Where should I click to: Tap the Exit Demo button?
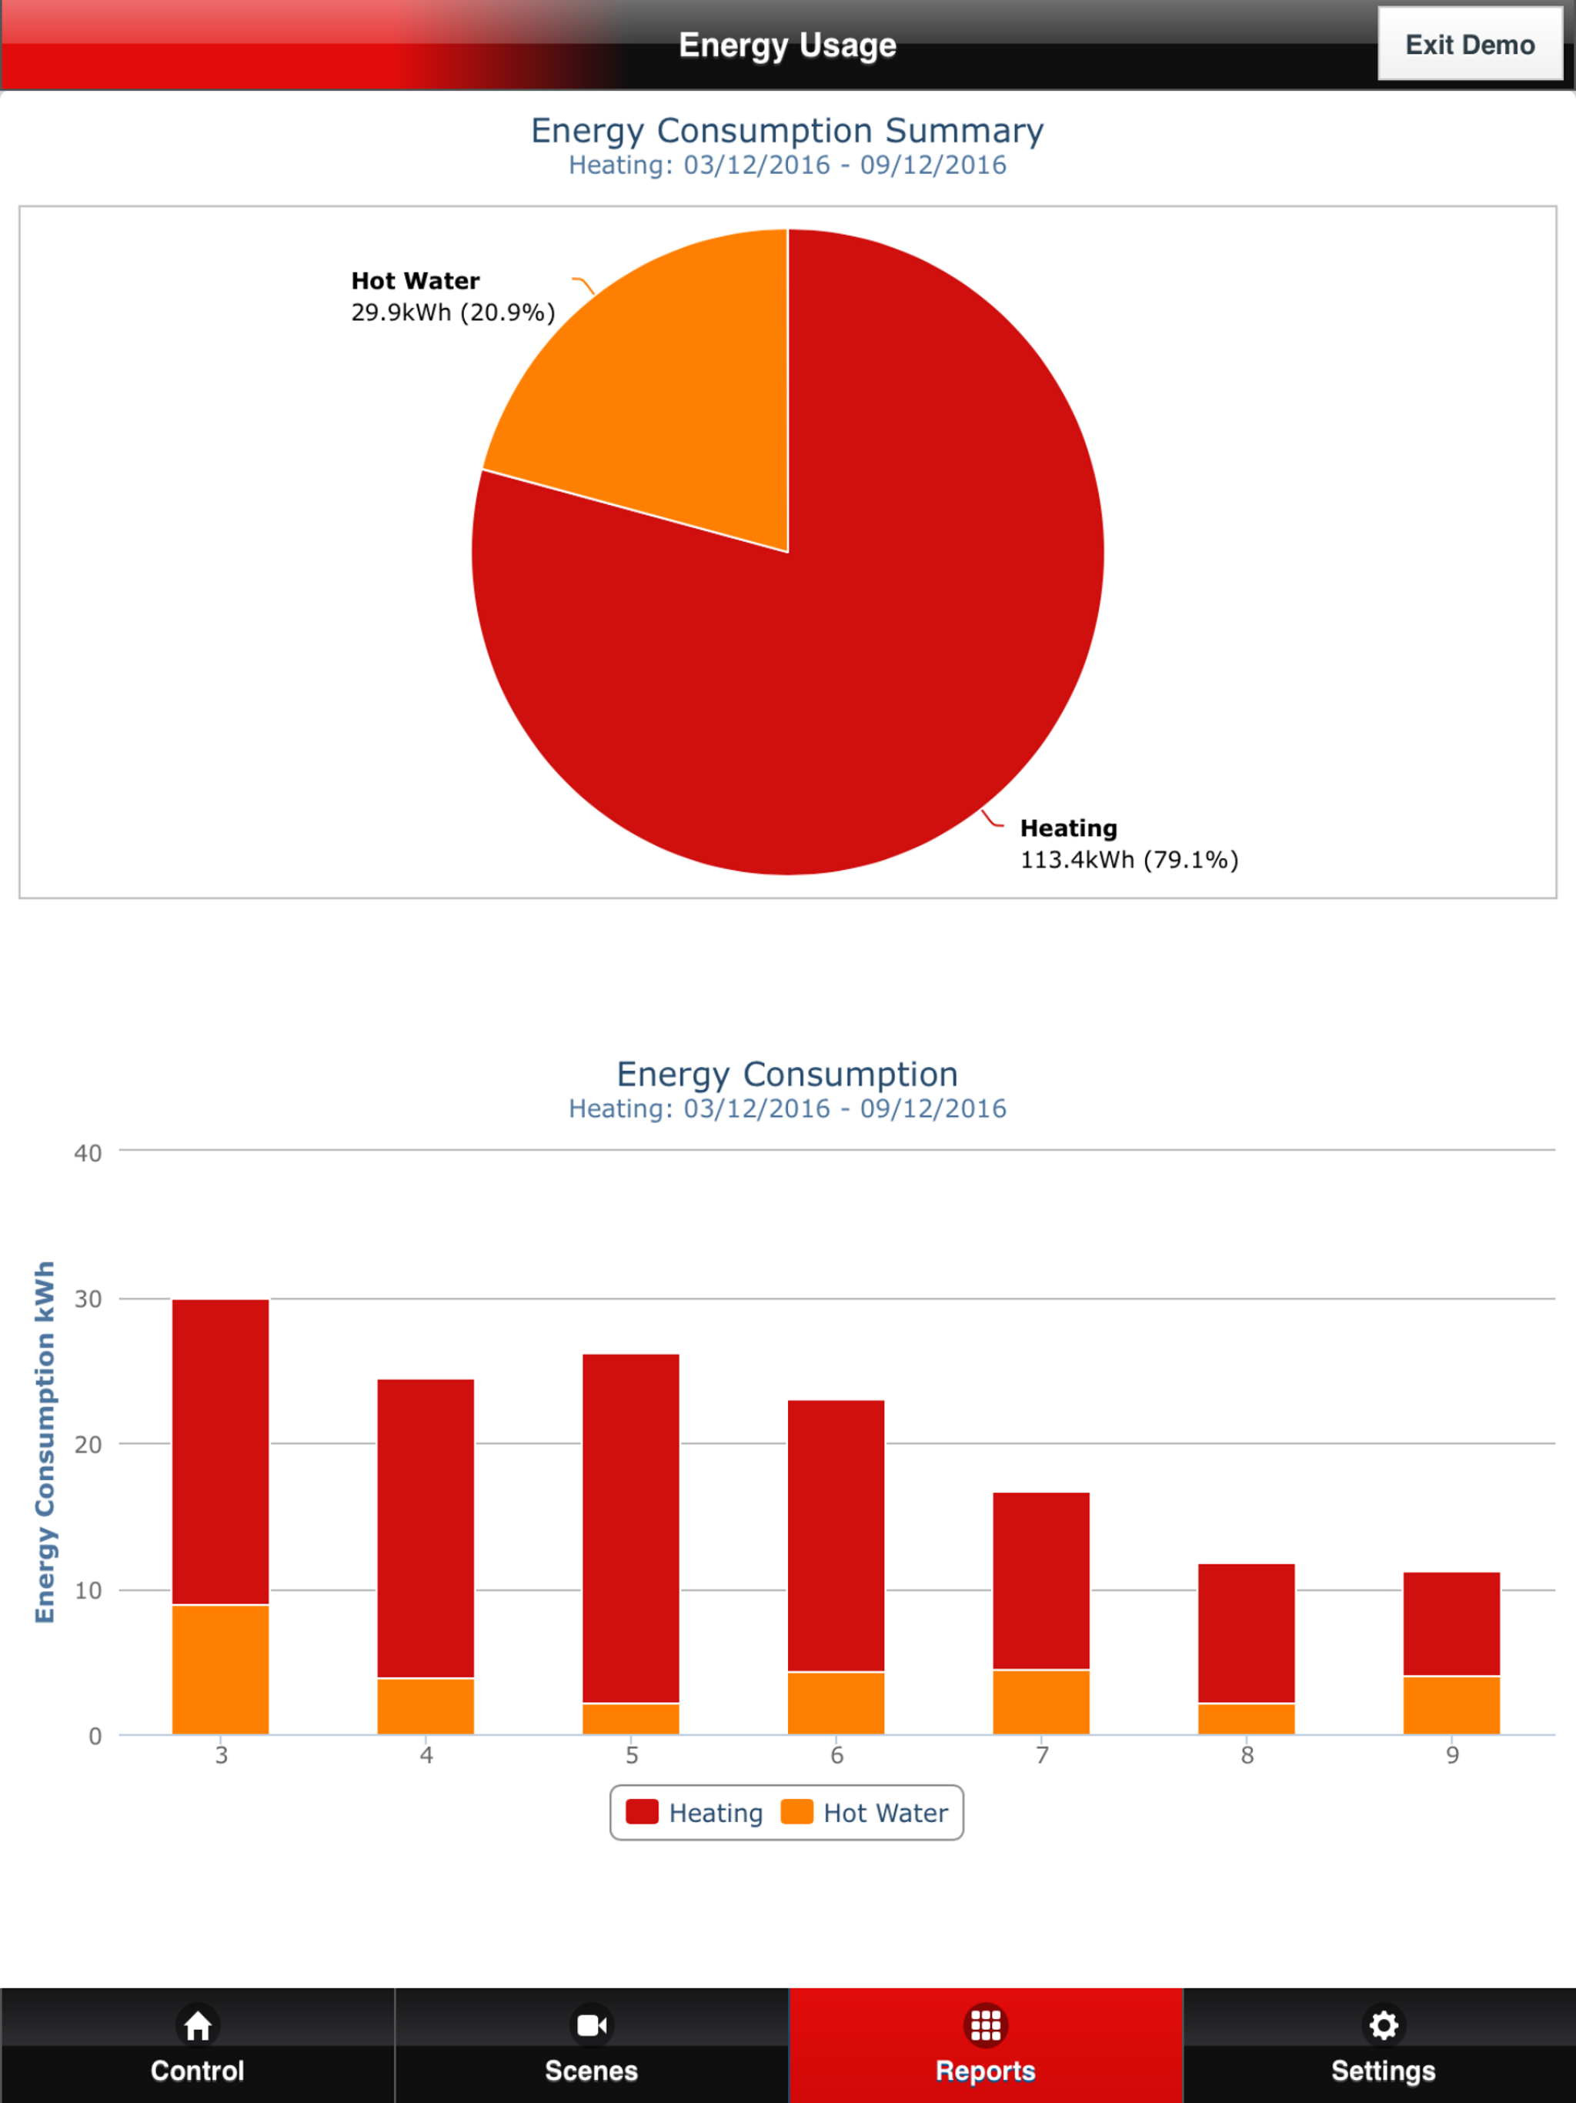pyautogui.click(x=1470, y=44)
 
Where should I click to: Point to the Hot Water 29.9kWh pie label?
pyautogui.click(x=452, y=296)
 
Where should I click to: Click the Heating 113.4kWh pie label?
pyautogui.click(x=1128, y=844)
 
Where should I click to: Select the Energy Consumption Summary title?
pyautogui.click(x=787, y=130)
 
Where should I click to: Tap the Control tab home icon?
pyautogui.click(x=198, y=2025)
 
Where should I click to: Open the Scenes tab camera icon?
pyautogui.click(x=591, y=2025)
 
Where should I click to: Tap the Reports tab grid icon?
pyautogui.click(x=986, y=2025)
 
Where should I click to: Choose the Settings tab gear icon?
pyautogui.click(x=1383, y=2025)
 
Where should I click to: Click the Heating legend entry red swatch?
pyautogui.click(x=642, y=1812)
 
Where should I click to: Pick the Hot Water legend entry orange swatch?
pyautogui.click(x=796, y=1812)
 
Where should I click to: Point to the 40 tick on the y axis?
pyautogui.click(x=88, y=1153)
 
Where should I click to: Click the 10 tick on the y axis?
pyautogui.click(x=88, y=1590)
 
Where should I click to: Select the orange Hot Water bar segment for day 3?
pyautogui.click(x=221, y=1670)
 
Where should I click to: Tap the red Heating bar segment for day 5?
pyautogui.click(x=631, y=1527)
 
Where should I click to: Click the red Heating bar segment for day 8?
pyautogui.click(x=1246, y=1633)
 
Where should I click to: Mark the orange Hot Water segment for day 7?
pyautogui.click(x=1041, y=1702)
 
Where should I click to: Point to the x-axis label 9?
pyautogui.click(x=1451, y=1755)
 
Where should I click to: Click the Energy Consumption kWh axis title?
pyautogui.click(x=45, y=1443)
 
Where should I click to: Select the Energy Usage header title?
pyautogui.click(x=787, y=45)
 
